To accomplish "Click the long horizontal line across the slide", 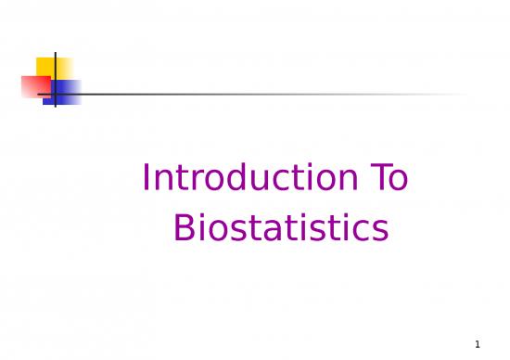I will pyautogui.click(x=278, y=94).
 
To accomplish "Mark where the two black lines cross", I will pyautogui.click(x=56, y=94).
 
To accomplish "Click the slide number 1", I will pyautogui.click(x=491, y=343).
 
